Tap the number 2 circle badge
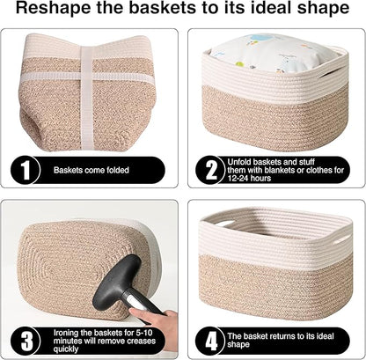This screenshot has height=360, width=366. click(x=210, y=169)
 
